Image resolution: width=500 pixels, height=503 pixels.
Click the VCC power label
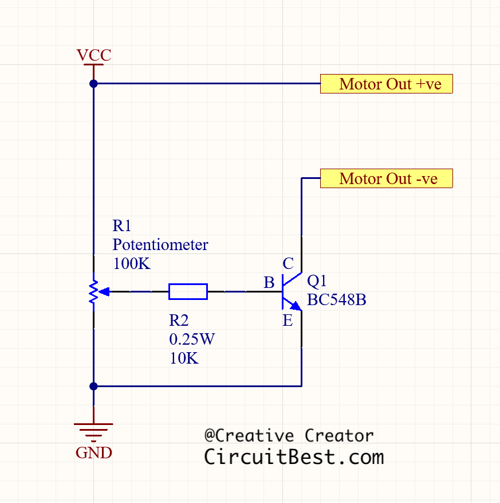[x=94, y=56]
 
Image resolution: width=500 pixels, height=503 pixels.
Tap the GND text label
[x=94, y=453]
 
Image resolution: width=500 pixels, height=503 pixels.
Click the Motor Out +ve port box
[x=387, y=84]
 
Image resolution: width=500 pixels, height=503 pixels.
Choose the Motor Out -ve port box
[x=387, y=178]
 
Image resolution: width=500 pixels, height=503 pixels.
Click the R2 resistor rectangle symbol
[x=188, y=291]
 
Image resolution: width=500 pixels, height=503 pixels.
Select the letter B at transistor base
[x=269, y=283]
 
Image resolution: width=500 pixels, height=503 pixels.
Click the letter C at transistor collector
[x=288, y=264]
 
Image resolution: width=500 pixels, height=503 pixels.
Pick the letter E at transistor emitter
[x=288, y=320]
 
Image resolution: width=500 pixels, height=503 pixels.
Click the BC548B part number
[x=337, y=300]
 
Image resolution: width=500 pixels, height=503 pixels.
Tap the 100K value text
[x=131, y=264]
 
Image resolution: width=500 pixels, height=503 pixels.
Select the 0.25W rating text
[x=192, y=340]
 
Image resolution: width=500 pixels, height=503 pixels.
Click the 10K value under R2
[x=184, y=358]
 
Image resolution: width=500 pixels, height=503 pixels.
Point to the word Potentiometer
[x=160, y=245]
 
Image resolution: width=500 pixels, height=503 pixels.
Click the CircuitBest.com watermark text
[x=294, y=457]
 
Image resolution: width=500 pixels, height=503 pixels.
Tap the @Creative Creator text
[x=289, y=436]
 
